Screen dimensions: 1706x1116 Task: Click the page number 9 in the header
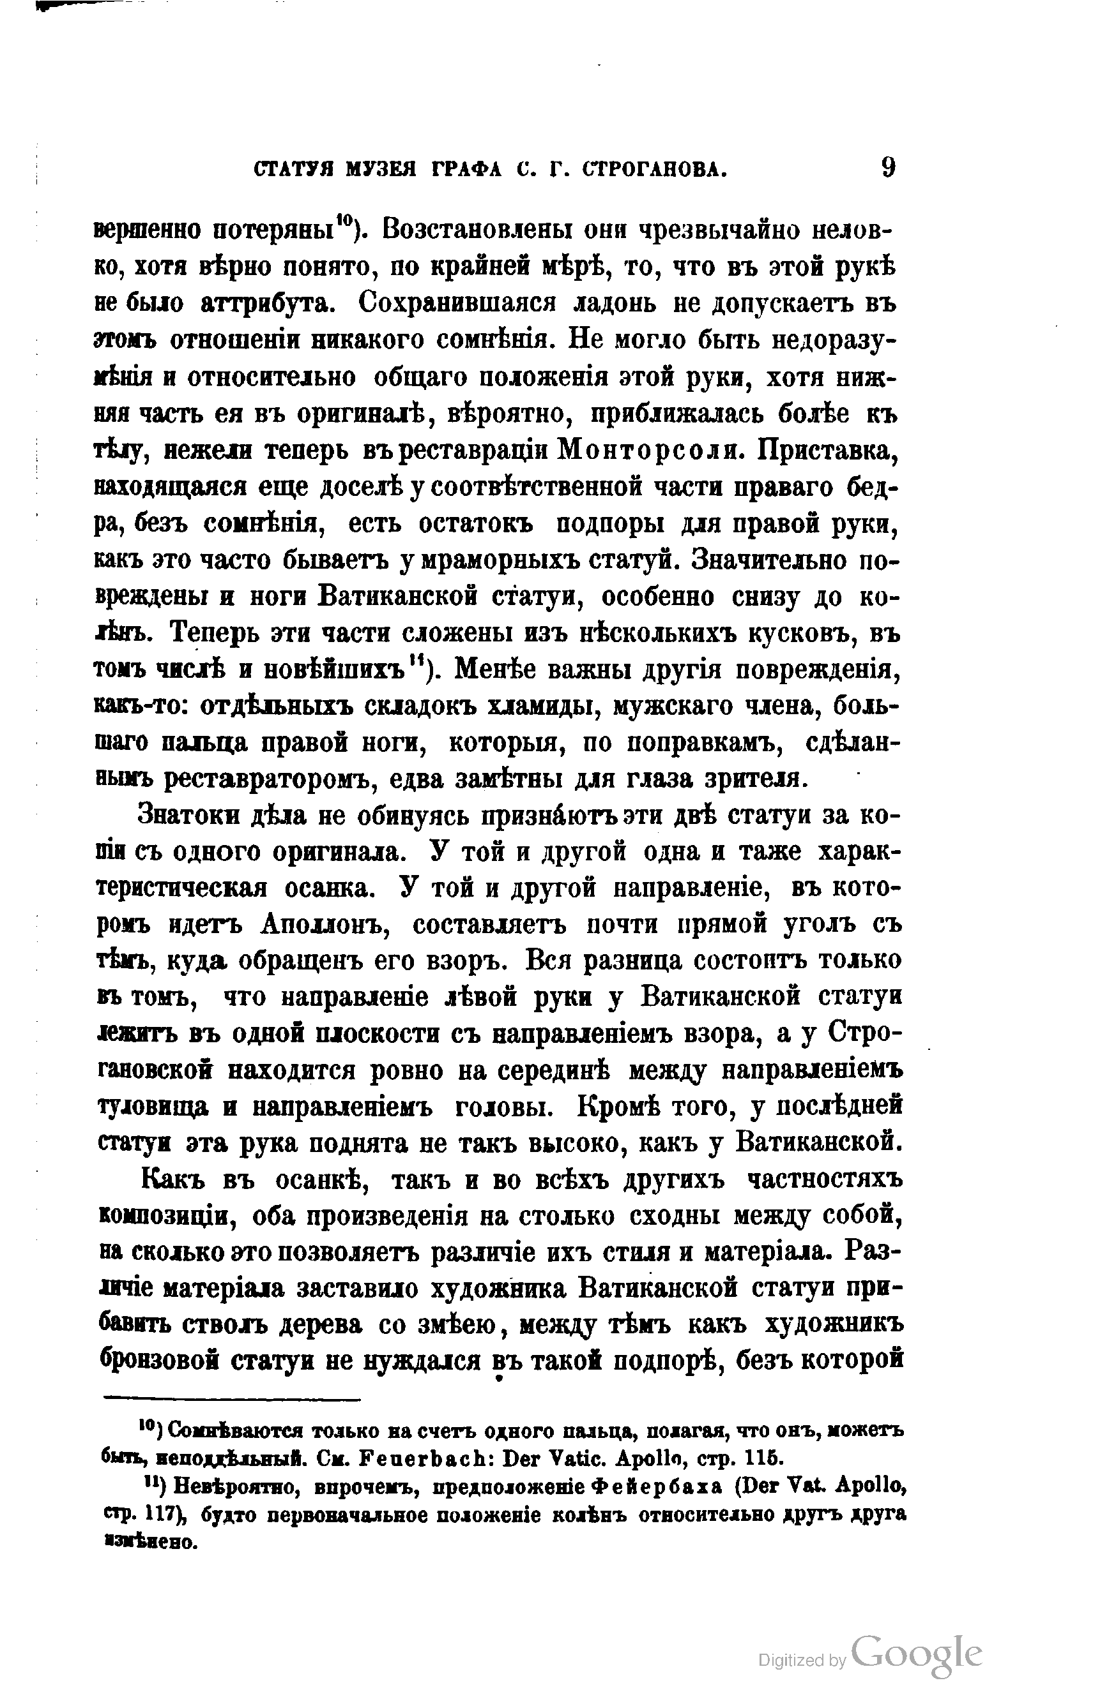point(888,168)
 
